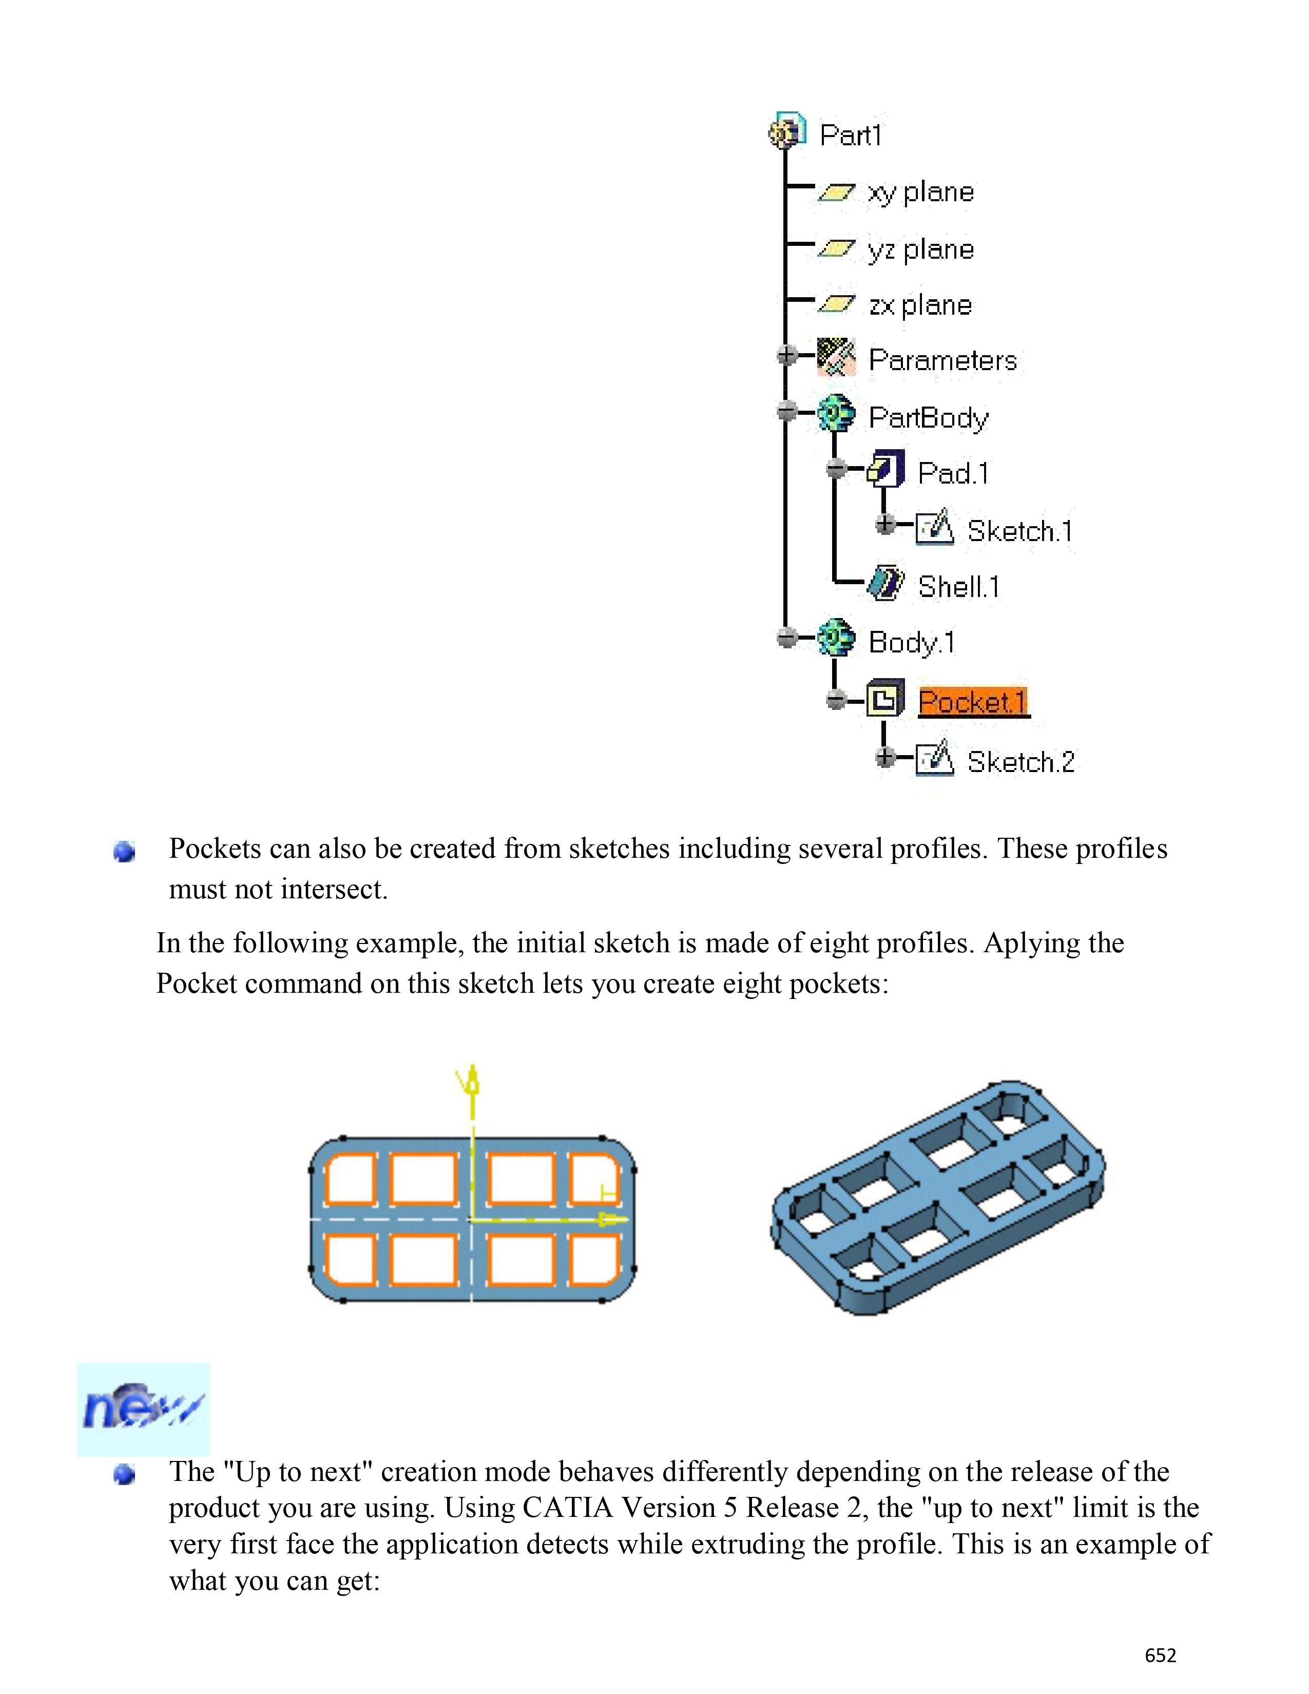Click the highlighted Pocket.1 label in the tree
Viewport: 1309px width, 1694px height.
pos(973,701)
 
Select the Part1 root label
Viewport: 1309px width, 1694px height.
pos(851,135)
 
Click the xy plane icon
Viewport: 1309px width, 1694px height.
pos(836,192)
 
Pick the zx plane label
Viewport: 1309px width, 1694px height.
pos(920,305)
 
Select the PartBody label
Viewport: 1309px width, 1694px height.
pos(928,417)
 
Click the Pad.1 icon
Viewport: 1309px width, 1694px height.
pos(885,469)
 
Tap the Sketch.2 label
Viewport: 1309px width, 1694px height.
pos(1021,762)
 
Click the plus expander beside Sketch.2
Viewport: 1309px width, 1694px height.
pos(885,757)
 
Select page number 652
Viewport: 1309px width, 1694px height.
pos(1160,1655)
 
